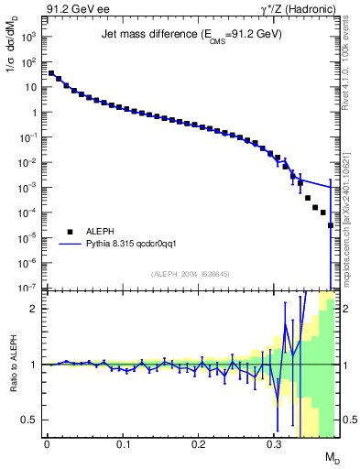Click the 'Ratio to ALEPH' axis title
12,365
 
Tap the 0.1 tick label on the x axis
122,443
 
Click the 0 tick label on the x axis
46,443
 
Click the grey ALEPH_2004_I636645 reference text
191,274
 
